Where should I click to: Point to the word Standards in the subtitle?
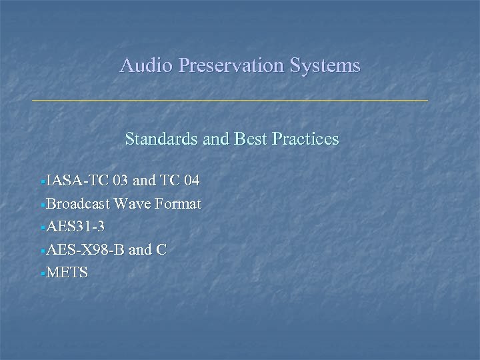pos(159,139)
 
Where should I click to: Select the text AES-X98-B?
pos(85,249)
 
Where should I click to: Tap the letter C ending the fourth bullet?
pos(161,249)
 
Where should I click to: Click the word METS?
pos(67,273)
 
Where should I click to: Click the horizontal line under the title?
pos(230,100)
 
